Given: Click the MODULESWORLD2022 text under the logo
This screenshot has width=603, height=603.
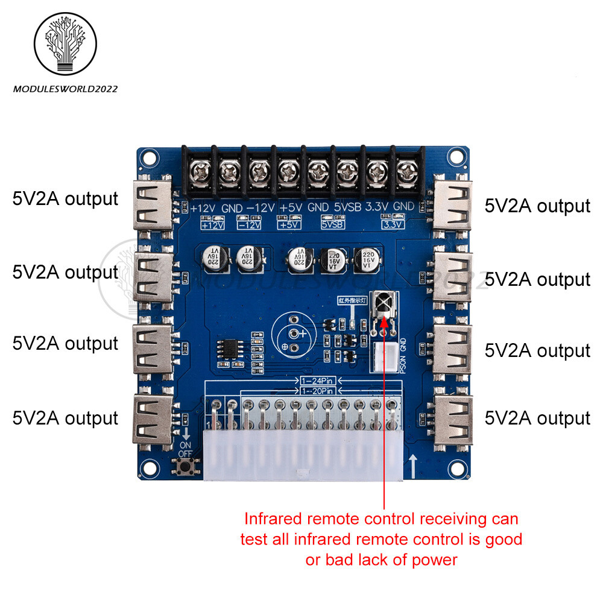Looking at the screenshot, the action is (x=65, y=89).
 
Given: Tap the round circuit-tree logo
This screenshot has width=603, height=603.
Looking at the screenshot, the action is (x=65, y=43).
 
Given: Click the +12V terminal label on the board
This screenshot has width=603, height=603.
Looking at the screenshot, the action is (x=204, y=208).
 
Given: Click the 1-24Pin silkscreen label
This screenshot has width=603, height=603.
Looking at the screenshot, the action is (x=317, y=382).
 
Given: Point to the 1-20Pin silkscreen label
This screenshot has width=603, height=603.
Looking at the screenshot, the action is (x=317, y=393).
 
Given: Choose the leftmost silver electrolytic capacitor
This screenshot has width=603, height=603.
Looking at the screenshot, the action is (x=215, y=257).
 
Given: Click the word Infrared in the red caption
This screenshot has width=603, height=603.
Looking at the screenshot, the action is (x=273, y=519).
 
